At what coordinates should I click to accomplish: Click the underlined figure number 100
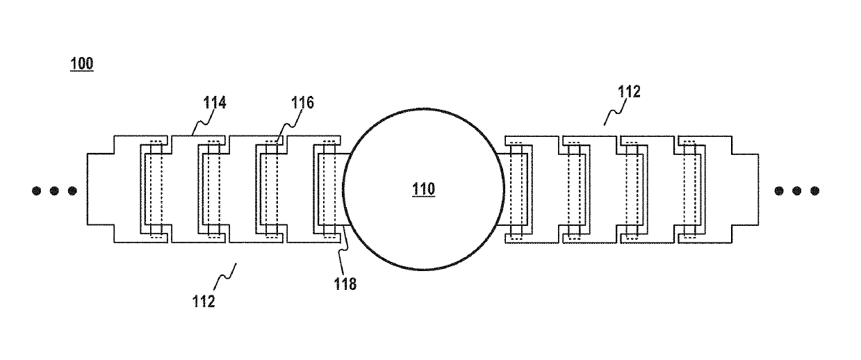(81, 64)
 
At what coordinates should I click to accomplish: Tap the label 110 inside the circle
(424, 190)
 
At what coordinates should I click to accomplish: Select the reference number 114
(215, 103)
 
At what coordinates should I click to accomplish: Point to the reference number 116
(302, 103)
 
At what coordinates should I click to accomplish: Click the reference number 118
(345, 284)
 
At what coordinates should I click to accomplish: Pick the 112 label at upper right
(629, 92)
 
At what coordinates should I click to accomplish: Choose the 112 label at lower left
(204, 302)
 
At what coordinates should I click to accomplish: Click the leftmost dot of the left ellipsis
(36, 190)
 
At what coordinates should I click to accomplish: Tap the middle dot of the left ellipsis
(54, 190)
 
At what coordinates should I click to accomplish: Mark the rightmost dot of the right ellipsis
(814, 190)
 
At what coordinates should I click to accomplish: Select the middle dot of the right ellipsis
(797, 190)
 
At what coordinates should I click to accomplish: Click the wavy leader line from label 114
(202, 123)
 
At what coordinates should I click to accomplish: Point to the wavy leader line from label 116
(288, 128)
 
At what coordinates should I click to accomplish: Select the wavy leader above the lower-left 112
(225, 277)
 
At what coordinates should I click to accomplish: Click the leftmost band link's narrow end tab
(100, 189)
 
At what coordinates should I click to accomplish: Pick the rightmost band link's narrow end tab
(745, 189)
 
